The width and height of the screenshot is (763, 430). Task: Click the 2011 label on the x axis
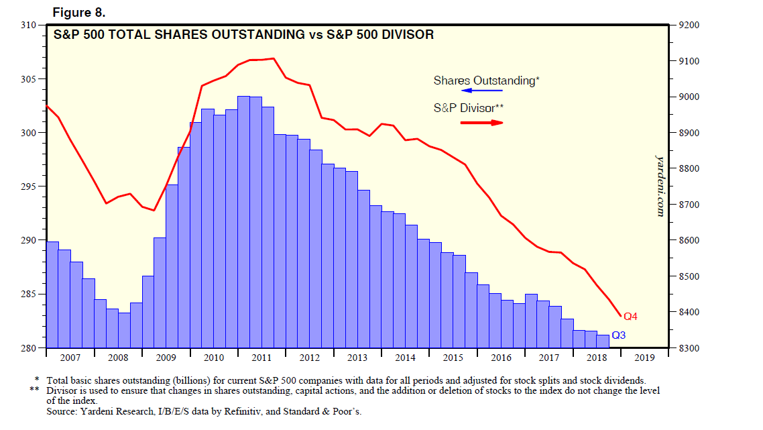(261, 358)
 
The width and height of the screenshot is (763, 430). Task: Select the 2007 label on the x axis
(70, 358)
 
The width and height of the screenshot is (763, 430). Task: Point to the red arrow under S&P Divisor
(481, 123)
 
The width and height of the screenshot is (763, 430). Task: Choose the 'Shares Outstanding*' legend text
(486, 80)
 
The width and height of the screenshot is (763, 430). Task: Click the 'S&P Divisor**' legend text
(469, 107)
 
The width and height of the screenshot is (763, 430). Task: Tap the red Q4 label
(631, 316)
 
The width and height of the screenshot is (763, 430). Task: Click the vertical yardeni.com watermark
(659, 185)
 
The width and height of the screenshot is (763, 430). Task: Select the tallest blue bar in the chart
(243, 221)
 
